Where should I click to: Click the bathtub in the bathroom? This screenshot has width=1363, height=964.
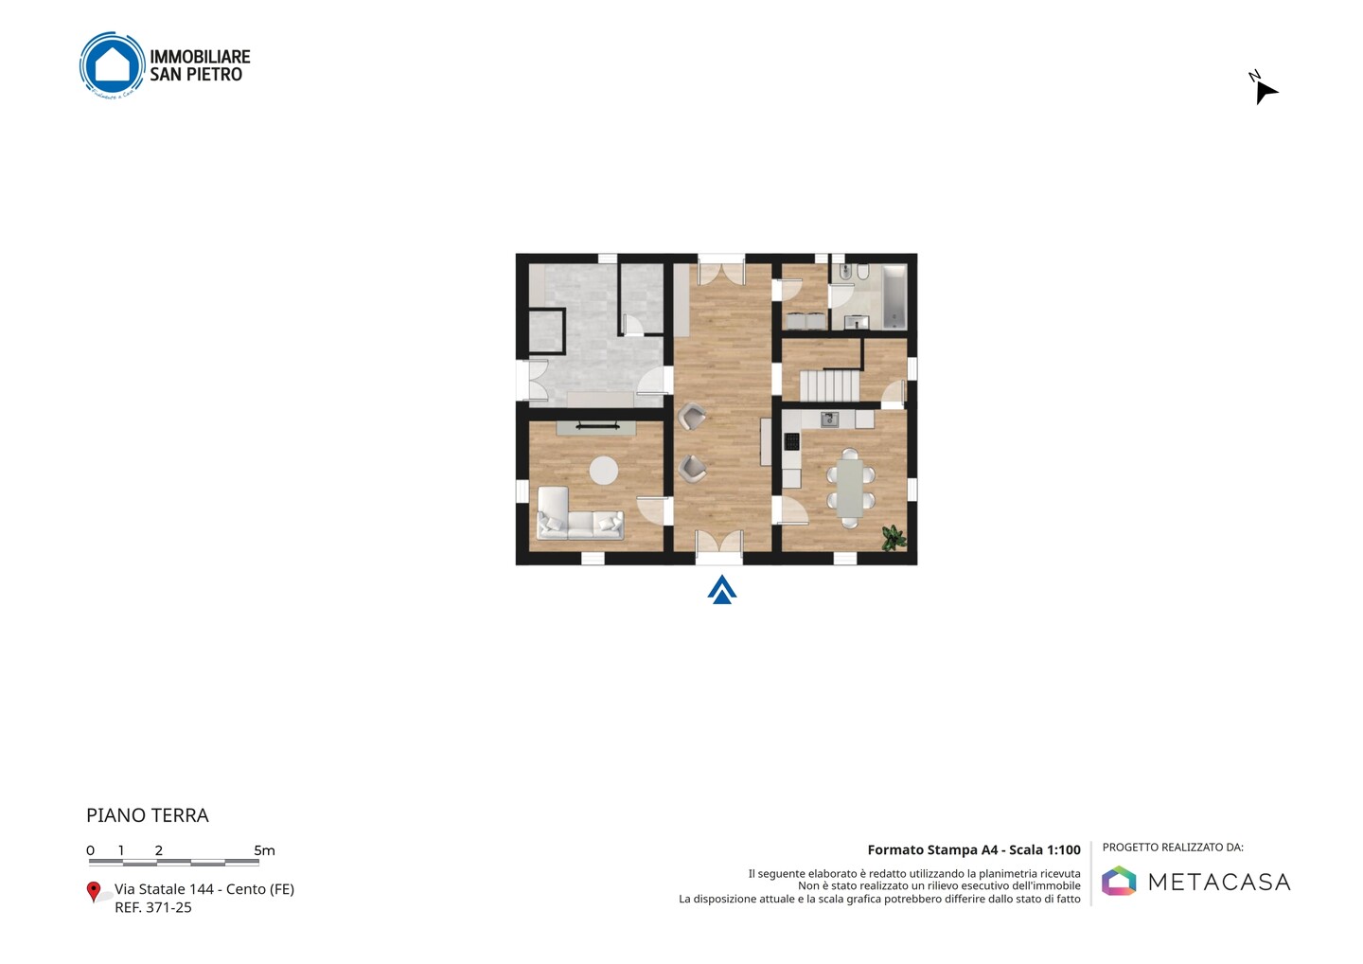click(x=894, y=297)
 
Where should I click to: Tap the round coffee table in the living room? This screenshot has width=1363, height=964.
click(x=604, y=471)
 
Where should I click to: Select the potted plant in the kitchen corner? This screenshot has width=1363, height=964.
click(x=894, y=538)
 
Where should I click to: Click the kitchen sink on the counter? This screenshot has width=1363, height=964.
click(x=829, y=419)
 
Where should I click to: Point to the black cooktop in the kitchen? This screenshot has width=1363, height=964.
click(x=791, y=441)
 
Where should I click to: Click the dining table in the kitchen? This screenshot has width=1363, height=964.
click(x=850, y=488)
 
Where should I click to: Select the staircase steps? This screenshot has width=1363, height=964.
click(x=829, y=385)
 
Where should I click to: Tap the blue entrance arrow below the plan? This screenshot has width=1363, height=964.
click(x=722, y=590)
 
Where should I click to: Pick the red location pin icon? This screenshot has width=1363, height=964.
click(x=93, y=892)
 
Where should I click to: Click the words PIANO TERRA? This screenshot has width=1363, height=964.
click(x=148, y=815)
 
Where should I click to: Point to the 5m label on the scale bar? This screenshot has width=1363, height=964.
click(x=264, y=850)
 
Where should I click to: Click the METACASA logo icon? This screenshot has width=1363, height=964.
click(x=1119, y=881)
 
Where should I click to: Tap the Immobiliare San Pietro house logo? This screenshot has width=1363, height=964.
click(x=113, y=65)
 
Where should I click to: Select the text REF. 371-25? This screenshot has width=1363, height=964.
click(x=153, y=907)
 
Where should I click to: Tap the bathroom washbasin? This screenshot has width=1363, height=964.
click(x=856, y=322)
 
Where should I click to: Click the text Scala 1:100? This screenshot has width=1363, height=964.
click(x=1045, y=850)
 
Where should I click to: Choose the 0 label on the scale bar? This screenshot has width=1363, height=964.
click(x=91, y=850)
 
